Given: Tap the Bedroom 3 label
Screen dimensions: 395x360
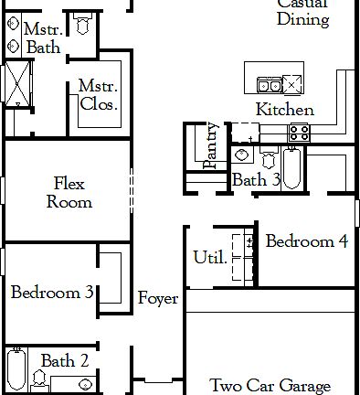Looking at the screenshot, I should (51, 293).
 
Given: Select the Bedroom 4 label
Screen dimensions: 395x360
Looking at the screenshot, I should (306, 242).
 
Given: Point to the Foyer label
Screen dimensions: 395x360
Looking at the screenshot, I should (158, 299).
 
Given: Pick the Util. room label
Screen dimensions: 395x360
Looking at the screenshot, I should (209, 258).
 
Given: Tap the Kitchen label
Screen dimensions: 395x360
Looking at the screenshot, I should (284, 110).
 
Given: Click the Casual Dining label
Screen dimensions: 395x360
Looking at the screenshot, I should (302, 13).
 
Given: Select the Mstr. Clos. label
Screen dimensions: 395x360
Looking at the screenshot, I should (98, 95).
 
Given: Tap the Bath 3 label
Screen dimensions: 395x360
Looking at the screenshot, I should (256, 180).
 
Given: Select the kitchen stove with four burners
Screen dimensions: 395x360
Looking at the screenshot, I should (299, 133).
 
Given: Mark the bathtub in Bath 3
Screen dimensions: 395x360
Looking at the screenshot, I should (291, 168).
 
